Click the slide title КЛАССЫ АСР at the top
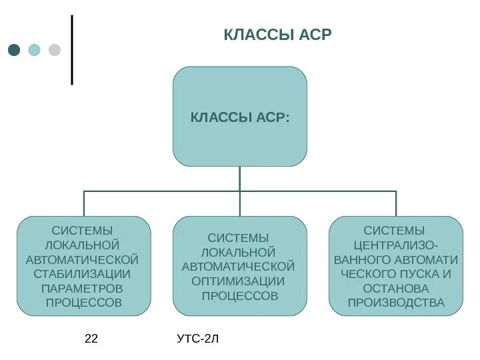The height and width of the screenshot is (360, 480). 277,35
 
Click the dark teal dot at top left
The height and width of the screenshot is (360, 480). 14,50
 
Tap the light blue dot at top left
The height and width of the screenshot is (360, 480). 34,50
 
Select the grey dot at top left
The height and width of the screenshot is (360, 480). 55,50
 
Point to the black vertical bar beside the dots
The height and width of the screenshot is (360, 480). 71,50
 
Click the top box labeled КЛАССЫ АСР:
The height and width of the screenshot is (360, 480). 240,117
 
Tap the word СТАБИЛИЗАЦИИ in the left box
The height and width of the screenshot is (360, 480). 83,274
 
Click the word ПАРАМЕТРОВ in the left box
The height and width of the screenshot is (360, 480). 83,289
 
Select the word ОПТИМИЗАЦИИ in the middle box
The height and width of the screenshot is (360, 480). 238,281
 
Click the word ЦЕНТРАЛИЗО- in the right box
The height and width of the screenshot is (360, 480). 396,245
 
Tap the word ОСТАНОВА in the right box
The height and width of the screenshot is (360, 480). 396,289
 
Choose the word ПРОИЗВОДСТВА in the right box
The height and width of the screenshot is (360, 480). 396,303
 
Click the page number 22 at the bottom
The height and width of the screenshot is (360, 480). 91,339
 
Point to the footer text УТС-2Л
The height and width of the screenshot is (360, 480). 198,339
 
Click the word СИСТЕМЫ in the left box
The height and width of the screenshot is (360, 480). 83,231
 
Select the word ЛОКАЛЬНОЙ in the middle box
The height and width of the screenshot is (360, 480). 238,253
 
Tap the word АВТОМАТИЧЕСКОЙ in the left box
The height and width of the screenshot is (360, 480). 83,259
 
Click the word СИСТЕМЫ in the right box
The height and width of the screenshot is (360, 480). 396,231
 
